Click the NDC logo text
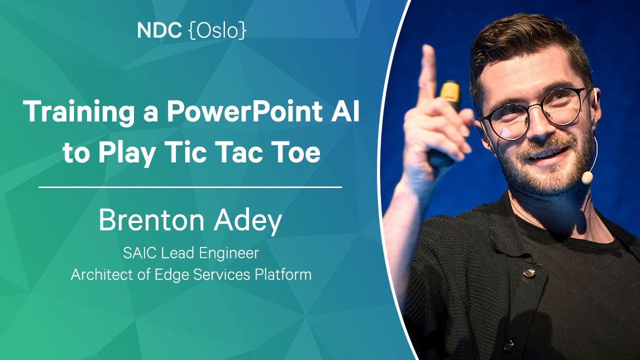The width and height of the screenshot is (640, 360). point(159,30)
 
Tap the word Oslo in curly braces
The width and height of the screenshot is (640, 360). point(217,30)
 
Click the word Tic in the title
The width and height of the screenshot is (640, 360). point(189,151)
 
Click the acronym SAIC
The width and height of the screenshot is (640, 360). point(140,253)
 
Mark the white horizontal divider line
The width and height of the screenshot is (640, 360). point(190,187)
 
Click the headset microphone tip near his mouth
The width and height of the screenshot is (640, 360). point(587,177)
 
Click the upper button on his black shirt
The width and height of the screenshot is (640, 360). point(530,272)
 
